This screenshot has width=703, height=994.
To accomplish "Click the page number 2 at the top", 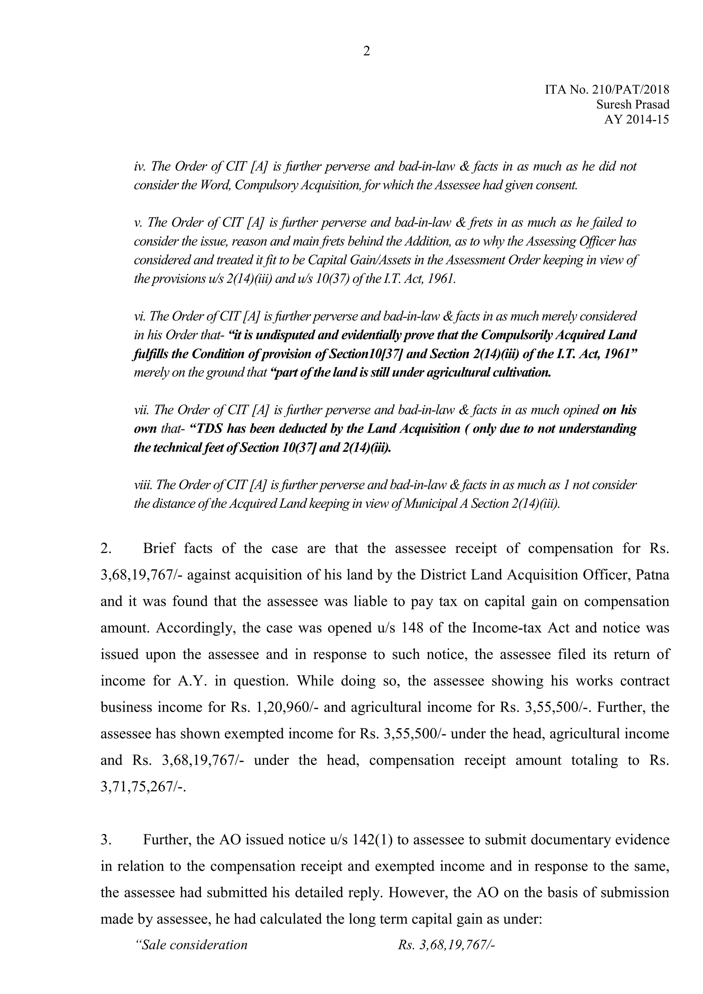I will click(366, 51).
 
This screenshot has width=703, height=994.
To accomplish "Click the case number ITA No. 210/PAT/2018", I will click(607, 90).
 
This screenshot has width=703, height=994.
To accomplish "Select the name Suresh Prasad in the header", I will click(632, 104).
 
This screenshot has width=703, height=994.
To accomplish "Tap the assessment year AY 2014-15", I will click(636, 119).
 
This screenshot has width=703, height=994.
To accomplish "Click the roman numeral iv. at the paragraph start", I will click(139, 166).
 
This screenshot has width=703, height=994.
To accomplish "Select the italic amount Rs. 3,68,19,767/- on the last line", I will click(446, 945).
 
